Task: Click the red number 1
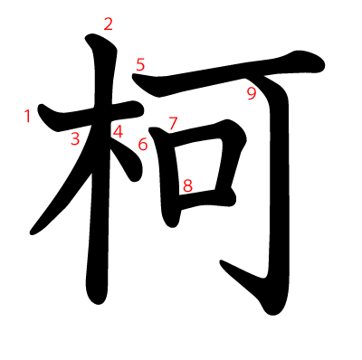click(x=28, y=116)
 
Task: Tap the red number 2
click(x=109, y=24)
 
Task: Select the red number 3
click(x=76, y=138)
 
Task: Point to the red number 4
click(x=118, y=132)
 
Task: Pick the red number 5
click(x=140, y=64)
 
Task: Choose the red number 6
click(x=143, y=144)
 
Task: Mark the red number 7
click(x=173, y=123)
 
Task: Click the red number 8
click(x=187, y=186)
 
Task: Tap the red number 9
click(x=252, y=93)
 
